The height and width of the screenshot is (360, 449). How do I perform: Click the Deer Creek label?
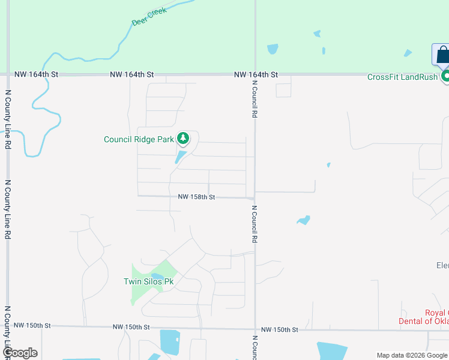(148, 17)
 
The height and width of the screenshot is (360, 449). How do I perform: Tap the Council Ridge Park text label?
(139, 140)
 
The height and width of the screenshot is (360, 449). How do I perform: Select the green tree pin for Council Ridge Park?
(183, 139)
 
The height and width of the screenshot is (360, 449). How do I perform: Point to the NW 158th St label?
(196, 197)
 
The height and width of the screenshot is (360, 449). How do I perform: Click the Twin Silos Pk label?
(148, 281)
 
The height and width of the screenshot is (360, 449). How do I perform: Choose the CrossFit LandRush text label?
(402, 77)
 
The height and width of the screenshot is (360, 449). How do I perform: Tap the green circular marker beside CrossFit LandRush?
(446, 76)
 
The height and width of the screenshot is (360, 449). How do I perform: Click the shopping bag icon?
(442, 55)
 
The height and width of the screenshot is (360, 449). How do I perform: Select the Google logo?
(20, 353)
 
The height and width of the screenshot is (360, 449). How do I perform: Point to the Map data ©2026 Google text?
(412, 355)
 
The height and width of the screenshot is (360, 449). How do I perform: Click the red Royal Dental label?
(424, 317)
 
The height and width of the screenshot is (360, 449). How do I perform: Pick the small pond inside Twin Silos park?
(158, 276)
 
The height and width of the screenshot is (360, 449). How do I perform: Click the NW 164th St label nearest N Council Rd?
(256, 74)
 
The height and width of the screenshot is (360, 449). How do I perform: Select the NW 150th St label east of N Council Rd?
(280, 330)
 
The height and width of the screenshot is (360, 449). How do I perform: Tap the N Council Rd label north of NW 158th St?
(255, 100)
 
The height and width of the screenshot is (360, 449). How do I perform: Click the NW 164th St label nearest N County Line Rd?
(36, 74)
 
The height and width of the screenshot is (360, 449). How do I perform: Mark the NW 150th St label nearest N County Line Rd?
(33, 325)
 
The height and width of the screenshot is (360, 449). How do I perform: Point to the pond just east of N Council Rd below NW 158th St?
(303, 220)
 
